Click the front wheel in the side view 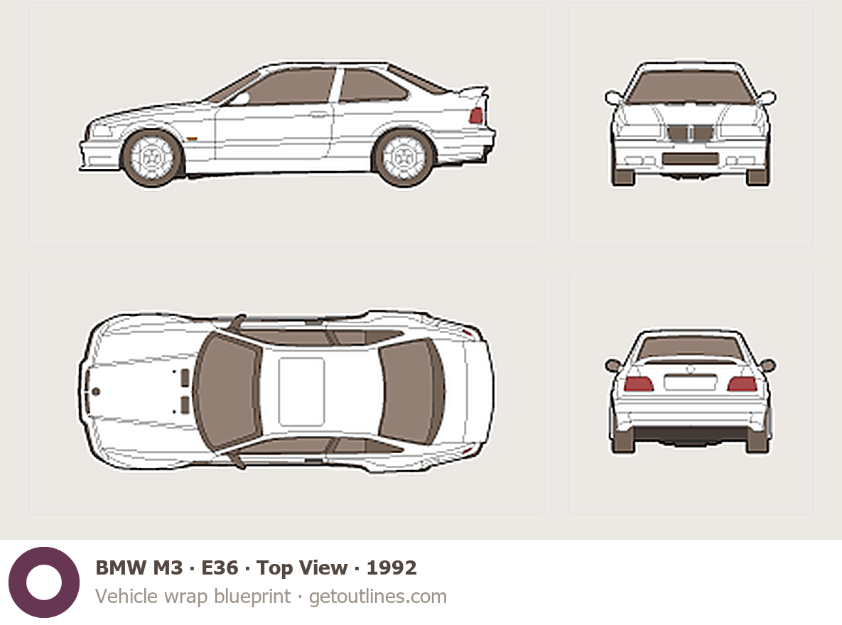[x=152, y=158]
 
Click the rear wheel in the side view [x=404, y=158]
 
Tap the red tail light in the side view [x=476, y=116]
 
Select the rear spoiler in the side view [x=473, y=92]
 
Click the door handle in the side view [x=318, y=114]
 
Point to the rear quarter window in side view [x=369, y=85]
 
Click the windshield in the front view [x=691, y=87]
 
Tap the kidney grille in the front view [x=691, y=133]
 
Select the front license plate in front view [x=691, y=158]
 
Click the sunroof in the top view [x=301, y=391]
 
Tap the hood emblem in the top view [x=96, y=391]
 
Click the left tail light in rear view [x=639, y=384]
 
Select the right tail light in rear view [x=742, y=384]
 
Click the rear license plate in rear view [x=690, y=382]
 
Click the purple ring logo [x=44, y=582]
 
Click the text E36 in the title [x=220, y=567]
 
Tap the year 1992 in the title [x=392, y=567]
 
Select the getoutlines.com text [x=378, y=597]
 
